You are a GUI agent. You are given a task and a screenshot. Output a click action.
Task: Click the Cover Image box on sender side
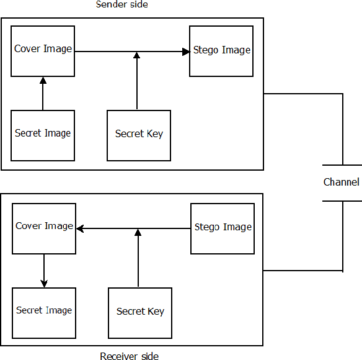[43, 51]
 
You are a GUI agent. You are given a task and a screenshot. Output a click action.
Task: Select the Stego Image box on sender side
[221, 51]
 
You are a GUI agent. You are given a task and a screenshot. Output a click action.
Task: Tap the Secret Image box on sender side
[43, 135]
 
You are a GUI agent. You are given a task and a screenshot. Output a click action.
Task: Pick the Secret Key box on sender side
[139, 135]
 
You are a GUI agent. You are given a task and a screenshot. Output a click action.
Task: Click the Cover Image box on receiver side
[44, 228]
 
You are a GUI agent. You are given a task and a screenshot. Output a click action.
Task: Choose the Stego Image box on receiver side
[223, 228]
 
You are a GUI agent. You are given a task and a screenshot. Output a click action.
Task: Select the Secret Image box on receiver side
[44, 313]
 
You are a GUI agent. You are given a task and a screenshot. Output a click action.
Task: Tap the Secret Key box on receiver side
[140, 313]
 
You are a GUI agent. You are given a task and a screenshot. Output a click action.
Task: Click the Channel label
[341, 182]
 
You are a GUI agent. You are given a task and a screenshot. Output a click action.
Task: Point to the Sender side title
[121, 5]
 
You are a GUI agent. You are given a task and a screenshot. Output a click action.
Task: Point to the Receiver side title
[129, 356]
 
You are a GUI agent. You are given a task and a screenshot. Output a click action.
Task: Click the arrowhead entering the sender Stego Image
[186, 52]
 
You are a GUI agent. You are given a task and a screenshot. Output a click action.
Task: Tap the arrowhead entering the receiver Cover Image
[80, 229]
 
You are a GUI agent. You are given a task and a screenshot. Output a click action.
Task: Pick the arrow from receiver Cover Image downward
[44, 271]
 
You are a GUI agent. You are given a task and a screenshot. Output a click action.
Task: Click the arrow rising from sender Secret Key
[137, 81]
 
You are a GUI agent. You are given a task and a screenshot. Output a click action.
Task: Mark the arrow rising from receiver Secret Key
[138, 258]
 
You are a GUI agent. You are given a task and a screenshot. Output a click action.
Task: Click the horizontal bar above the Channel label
[342, 165]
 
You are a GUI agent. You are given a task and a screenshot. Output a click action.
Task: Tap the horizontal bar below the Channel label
[342, 201]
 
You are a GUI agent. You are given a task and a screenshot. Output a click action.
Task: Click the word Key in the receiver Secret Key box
[156, 312]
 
